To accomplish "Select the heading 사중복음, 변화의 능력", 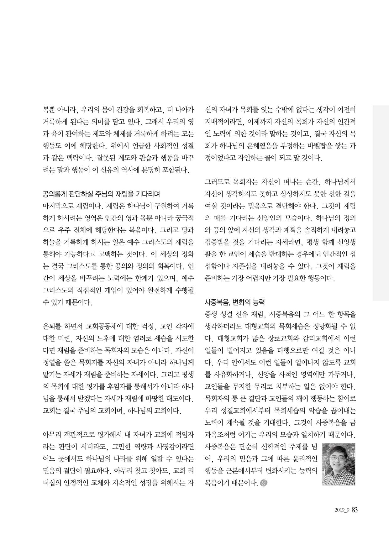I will click(234, 302).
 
